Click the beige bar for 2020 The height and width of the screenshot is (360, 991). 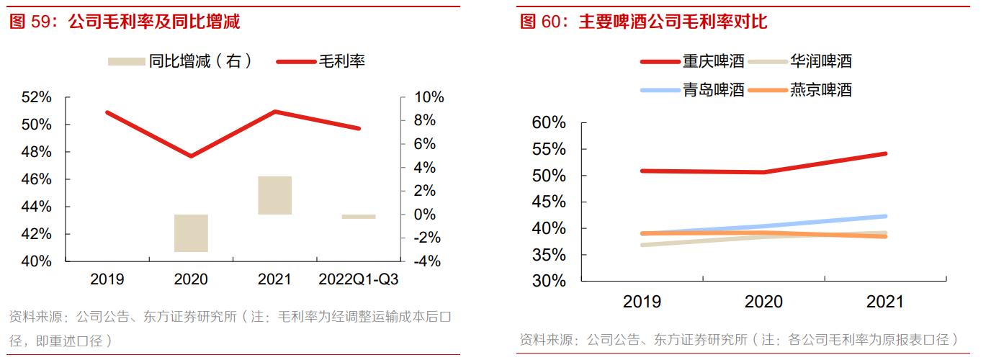191,233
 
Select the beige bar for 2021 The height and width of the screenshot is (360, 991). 274,195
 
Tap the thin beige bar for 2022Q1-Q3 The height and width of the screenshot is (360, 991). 359,216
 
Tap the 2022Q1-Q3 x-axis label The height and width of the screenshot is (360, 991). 358,279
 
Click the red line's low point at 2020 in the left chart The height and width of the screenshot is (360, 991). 191,156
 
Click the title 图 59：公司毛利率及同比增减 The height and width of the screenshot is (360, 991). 125,22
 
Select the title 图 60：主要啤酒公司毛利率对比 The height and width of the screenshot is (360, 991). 643,22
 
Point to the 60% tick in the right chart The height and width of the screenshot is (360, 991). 549,123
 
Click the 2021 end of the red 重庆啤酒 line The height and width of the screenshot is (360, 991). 885,153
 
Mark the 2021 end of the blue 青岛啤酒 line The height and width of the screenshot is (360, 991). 885,216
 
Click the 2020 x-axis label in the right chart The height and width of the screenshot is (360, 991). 763,301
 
